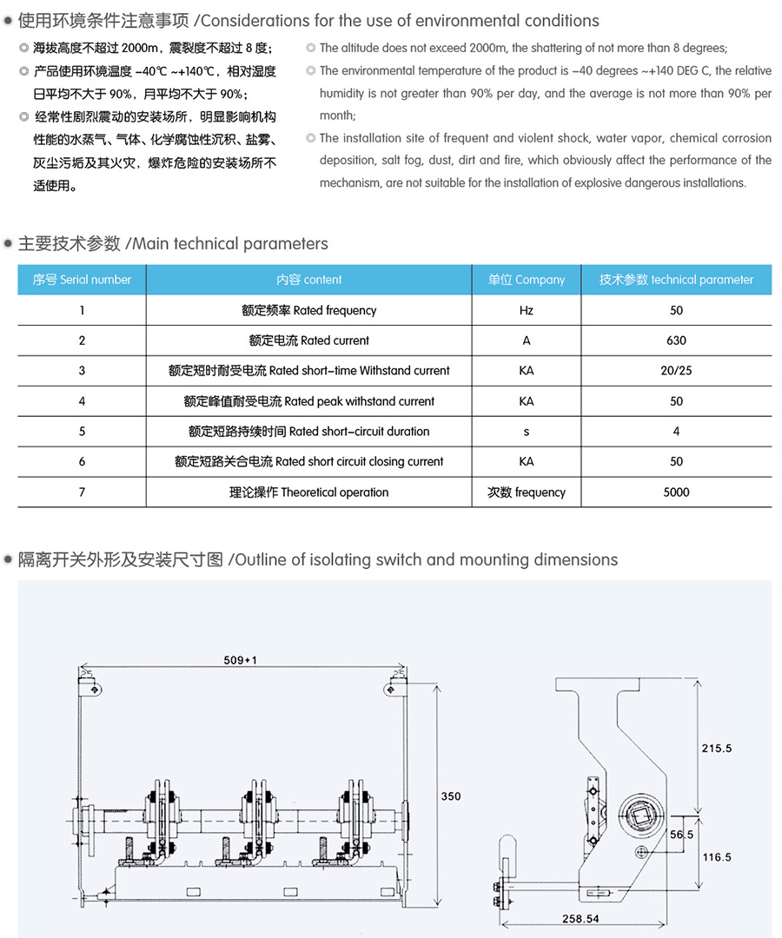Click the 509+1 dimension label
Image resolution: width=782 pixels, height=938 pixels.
(240, 660)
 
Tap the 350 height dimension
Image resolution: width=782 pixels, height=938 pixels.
(451, 796)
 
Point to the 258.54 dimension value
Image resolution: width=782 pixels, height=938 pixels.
(581, 918)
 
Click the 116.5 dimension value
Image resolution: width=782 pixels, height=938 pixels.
(716, 857)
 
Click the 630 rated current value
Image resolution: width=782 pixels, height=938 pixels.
(676, 340)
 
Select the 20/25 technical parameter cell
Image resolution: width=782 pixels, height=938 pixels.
(676, 371)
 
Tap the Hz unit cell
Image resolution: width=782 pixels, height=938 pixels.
(526, 310)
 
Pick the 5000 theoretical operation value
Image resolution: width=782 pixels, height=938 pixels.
(676, 492)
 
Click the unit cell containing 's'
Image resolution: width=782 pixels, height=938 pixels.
(526, 432)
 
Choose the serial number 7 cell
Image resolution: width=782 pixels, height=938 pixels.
(82, 492)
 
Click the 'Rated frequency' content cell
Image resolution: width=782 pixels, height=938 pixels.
(308, 310)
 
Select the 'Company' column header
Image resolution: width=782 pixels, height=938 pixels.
(526, 280)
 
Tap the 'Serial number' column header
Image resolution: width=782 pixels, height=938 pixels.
(82, 280)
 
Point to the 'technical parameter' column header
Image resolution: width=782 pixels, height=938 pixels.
(676, 280)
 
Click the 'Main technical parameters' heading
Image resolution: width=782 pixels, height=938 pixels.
(173, 244)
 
